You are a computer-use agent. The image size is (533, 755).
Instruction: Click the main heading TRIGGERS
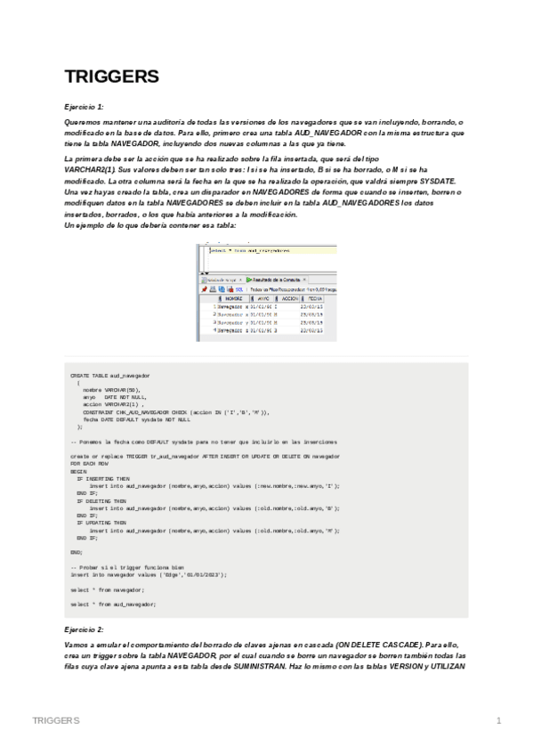point(112,77)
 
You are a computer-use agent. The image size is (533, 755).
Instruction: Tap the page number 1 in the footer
point(499,719)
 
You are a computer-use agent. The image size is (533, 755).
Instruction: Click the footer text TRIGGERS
point(55,719)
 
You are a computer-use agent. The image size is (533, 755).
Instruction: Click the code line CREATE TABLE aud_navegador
point(110,376)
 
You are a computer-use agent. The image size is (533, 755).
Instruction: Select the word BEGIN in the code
point(78,472)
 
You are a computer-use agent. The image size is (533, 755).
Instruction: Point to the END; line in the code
point(76,552)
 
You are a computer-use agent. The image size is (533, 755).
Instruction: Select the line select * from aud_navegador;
point(113,604)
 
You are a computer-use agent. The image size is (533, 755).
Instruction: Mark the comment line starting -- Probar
point(127,567)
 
